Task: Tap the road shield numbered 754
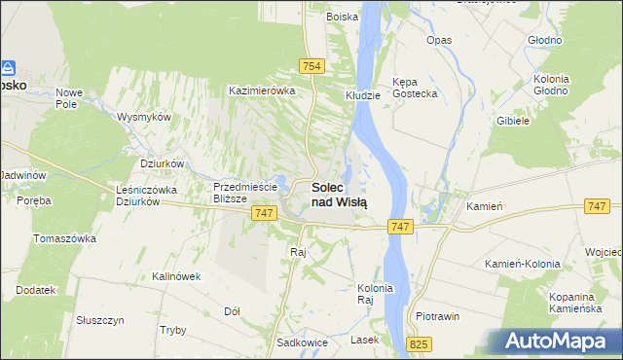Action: [x=311, y=65]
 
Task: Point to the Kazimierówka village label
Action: [x=261, y=90]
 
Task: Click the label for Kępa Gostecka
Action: [x=414, y=88]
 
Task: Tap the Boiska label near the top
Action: [x=342, y=17]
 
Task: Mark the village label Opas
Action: [x=439, y=41]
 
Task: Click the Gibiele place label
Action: [x=512, y=121]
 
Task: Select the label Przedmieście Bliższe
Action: [x=246, y=192]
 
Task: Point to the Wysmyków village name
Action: [x=144, y=116]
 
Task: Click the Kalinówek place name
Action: [x=175, y=276]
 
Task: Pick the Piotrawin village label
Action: [x=437, y=316]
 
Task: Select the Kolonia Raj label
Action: [x=375, y=294]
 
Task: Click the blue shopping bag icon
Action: [x=8, y=68]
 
